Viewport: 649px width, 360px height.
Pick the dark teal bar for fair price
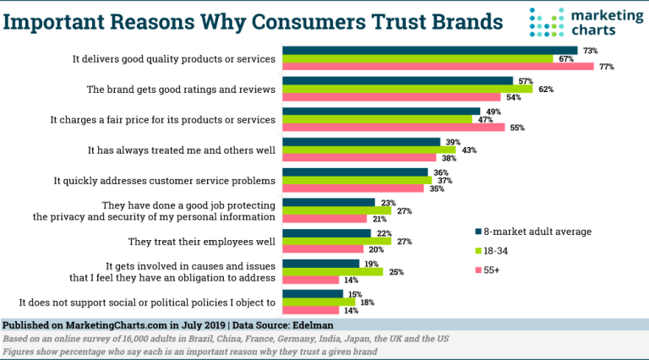point(381,111)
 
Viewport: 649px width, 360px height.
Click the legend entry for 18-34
point(502,251)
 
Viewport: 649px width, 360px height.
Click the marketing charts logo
point(583,23)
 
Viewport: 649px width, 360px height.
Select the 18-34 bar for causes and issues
point(332,271)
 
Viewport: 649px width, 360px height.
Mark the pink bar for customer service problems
point(352,188)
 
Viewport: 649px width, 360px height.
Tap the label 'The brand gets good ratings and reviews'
point(182,89)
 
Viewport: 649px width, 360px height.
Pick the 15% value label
point(354,293)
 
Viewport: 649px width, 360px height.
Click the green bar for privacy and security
point(336,210)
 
